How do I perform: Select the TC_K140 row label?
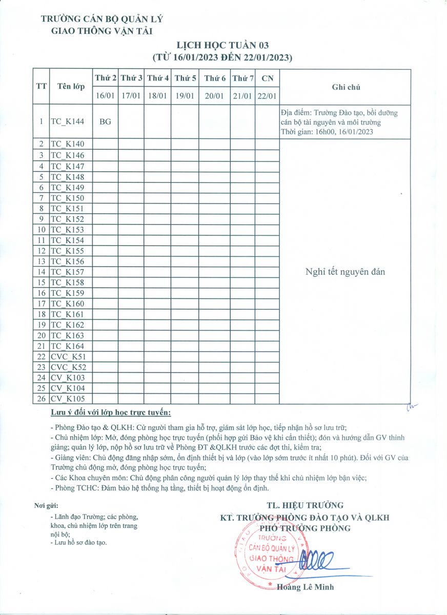(67, 145)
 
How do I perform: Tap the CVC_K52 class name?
(68, 367)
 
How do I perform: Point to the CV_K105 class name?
(68, 399)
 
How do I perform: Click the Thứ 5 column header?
(185, 78)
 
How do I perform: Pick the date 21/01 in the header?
(242, 96)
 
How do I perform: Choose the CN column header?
(267, 78)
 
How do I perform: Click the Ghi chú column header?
(346, 87)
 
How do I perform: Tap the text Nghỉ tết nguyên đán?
(345, 272)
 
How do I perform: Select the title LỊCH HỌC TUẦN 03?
(222, 47)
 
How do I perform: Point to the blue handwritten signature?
(318, 561)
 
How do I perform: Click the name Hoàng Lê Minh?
(305, 587)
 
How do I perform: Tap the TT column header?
(41, 87)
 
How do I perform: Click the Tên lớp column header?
(71, 87)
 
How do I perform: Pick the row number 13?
(41, 261)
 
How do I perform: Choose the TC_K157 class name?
(67, 272)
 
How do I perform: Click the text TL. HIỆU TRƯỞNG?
(305, 505)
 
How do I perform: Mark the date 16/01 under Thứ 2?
(106, 96)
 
